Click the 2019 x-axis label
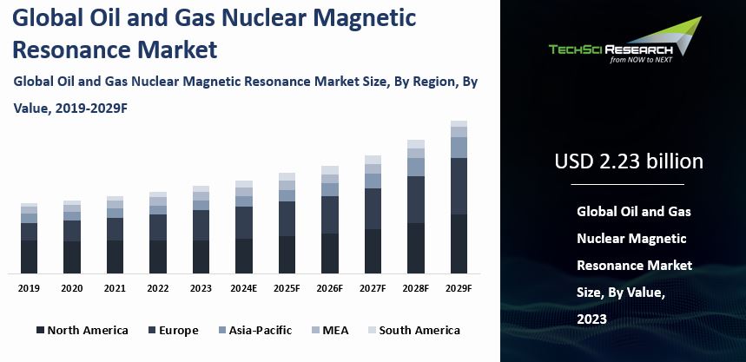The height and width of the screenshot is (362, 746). pos(29,288)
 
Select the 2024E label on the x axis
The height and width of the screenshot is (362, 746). pos(243,288)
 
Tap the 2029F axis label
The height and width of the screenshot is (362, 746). pos(459,288)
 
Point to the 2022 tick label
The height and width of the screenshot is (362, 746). pos(158,288)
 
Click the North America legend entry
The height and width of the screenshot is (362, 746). pos(83,330)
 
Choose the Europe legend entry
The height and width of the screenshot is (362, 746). pos(173,330)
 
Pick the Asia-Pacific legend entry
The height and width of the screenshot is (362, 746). pos(255,330)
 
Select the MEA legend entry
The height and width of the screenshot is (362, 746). pos(330,330)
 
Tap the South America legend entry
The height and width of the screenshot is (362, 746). pos(414,330)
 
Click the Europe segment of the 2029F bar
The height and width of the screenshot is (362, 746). pos(459,187)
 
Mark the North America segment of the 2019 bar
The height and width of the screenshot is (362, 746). pos(29,257)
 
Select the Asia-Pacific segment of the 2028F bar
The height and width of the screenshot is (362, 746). pos(416,167)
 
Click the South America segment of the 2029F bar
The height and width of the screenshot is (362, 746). pos(459,123)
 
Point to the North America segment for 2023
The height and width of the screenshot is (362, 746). pos(201,257)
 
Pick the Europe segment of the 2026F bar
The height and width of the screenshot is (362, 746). pos(330,215)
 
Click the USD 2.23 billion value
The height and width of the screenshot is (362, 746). pos(629,161)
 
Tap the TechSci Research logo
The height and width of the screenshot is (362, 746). pos(625,40)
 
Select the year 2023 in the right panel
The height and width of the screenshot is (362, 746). pos(592,319)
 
